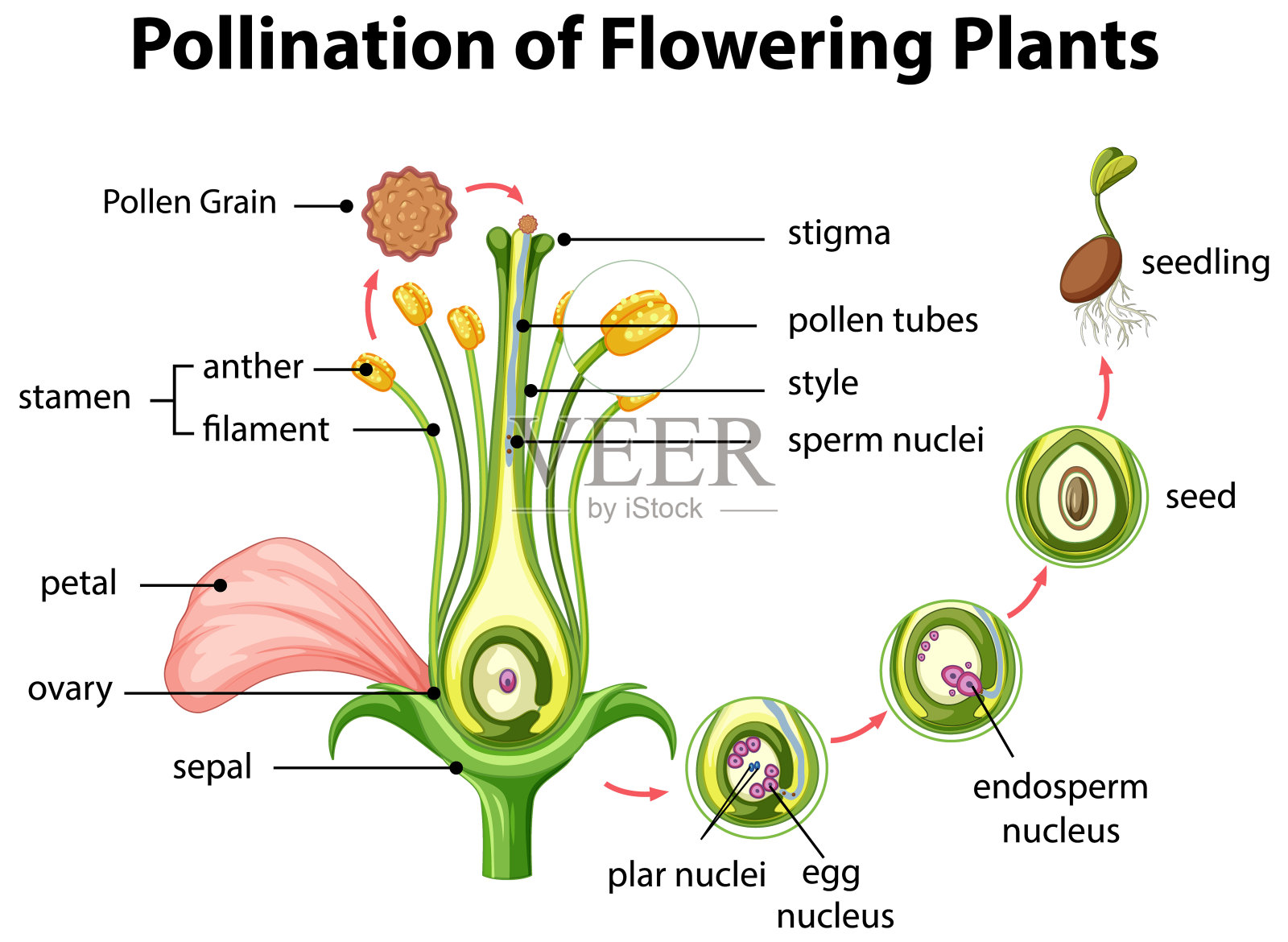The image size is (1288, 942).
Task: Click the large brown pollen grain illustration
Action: click(x=409, y=214)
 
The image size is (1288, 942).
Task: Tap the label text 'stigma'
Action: click(x=839, y=233)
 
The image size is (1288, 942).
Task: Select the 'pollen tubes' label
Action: click(x=882, y=320)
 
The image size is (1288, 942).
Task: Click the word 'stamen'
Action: click(x=74, y=398)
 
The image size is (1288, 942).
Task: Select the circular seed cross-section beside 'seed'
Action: click(x=1077, y=497)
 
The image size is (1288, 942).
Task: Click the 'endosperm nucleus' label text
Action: click(x=1060, y=808)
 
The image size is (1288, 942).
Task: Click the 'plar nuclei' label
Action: click(x=686, y=875)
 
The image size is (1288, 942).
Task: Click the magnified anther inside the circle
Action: click(x=638, y=322)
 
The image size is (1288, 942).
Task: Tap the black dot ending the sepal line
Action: click(x=456, y=768)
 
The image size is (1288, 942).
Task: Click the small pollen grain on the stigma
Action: click(x=527, y=223)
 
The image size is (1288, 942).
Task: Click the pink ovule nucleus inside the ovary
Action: click(x=507, y=681)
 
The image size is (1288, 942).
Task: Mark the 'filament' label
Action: click(x=266, y=430)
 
